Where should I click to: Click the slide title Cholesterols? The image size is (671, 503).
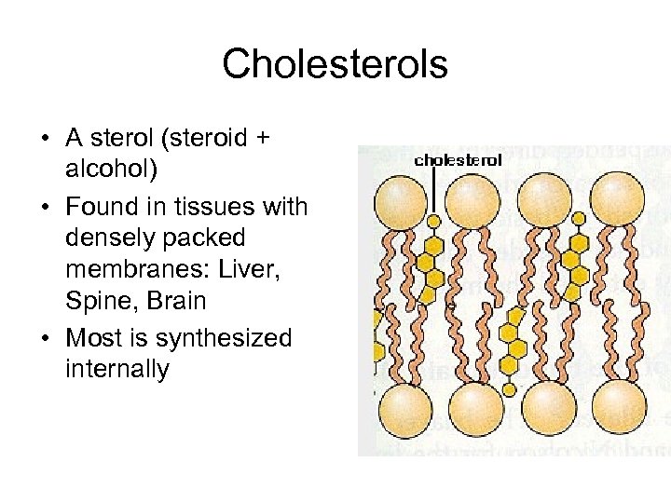tap(335, 64)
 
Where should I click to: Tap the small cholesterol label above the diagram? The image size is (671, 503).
tap(458, 159)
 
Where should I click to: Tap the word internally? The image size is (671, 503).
tap(117, 370)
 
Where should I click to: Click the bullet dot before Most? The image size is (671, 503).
tap(45, 337)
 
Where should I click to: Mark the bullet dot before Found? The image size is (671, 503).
tap(45, 206)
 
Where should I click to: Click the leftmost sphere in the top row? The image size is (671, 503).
tap(399, 198)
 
